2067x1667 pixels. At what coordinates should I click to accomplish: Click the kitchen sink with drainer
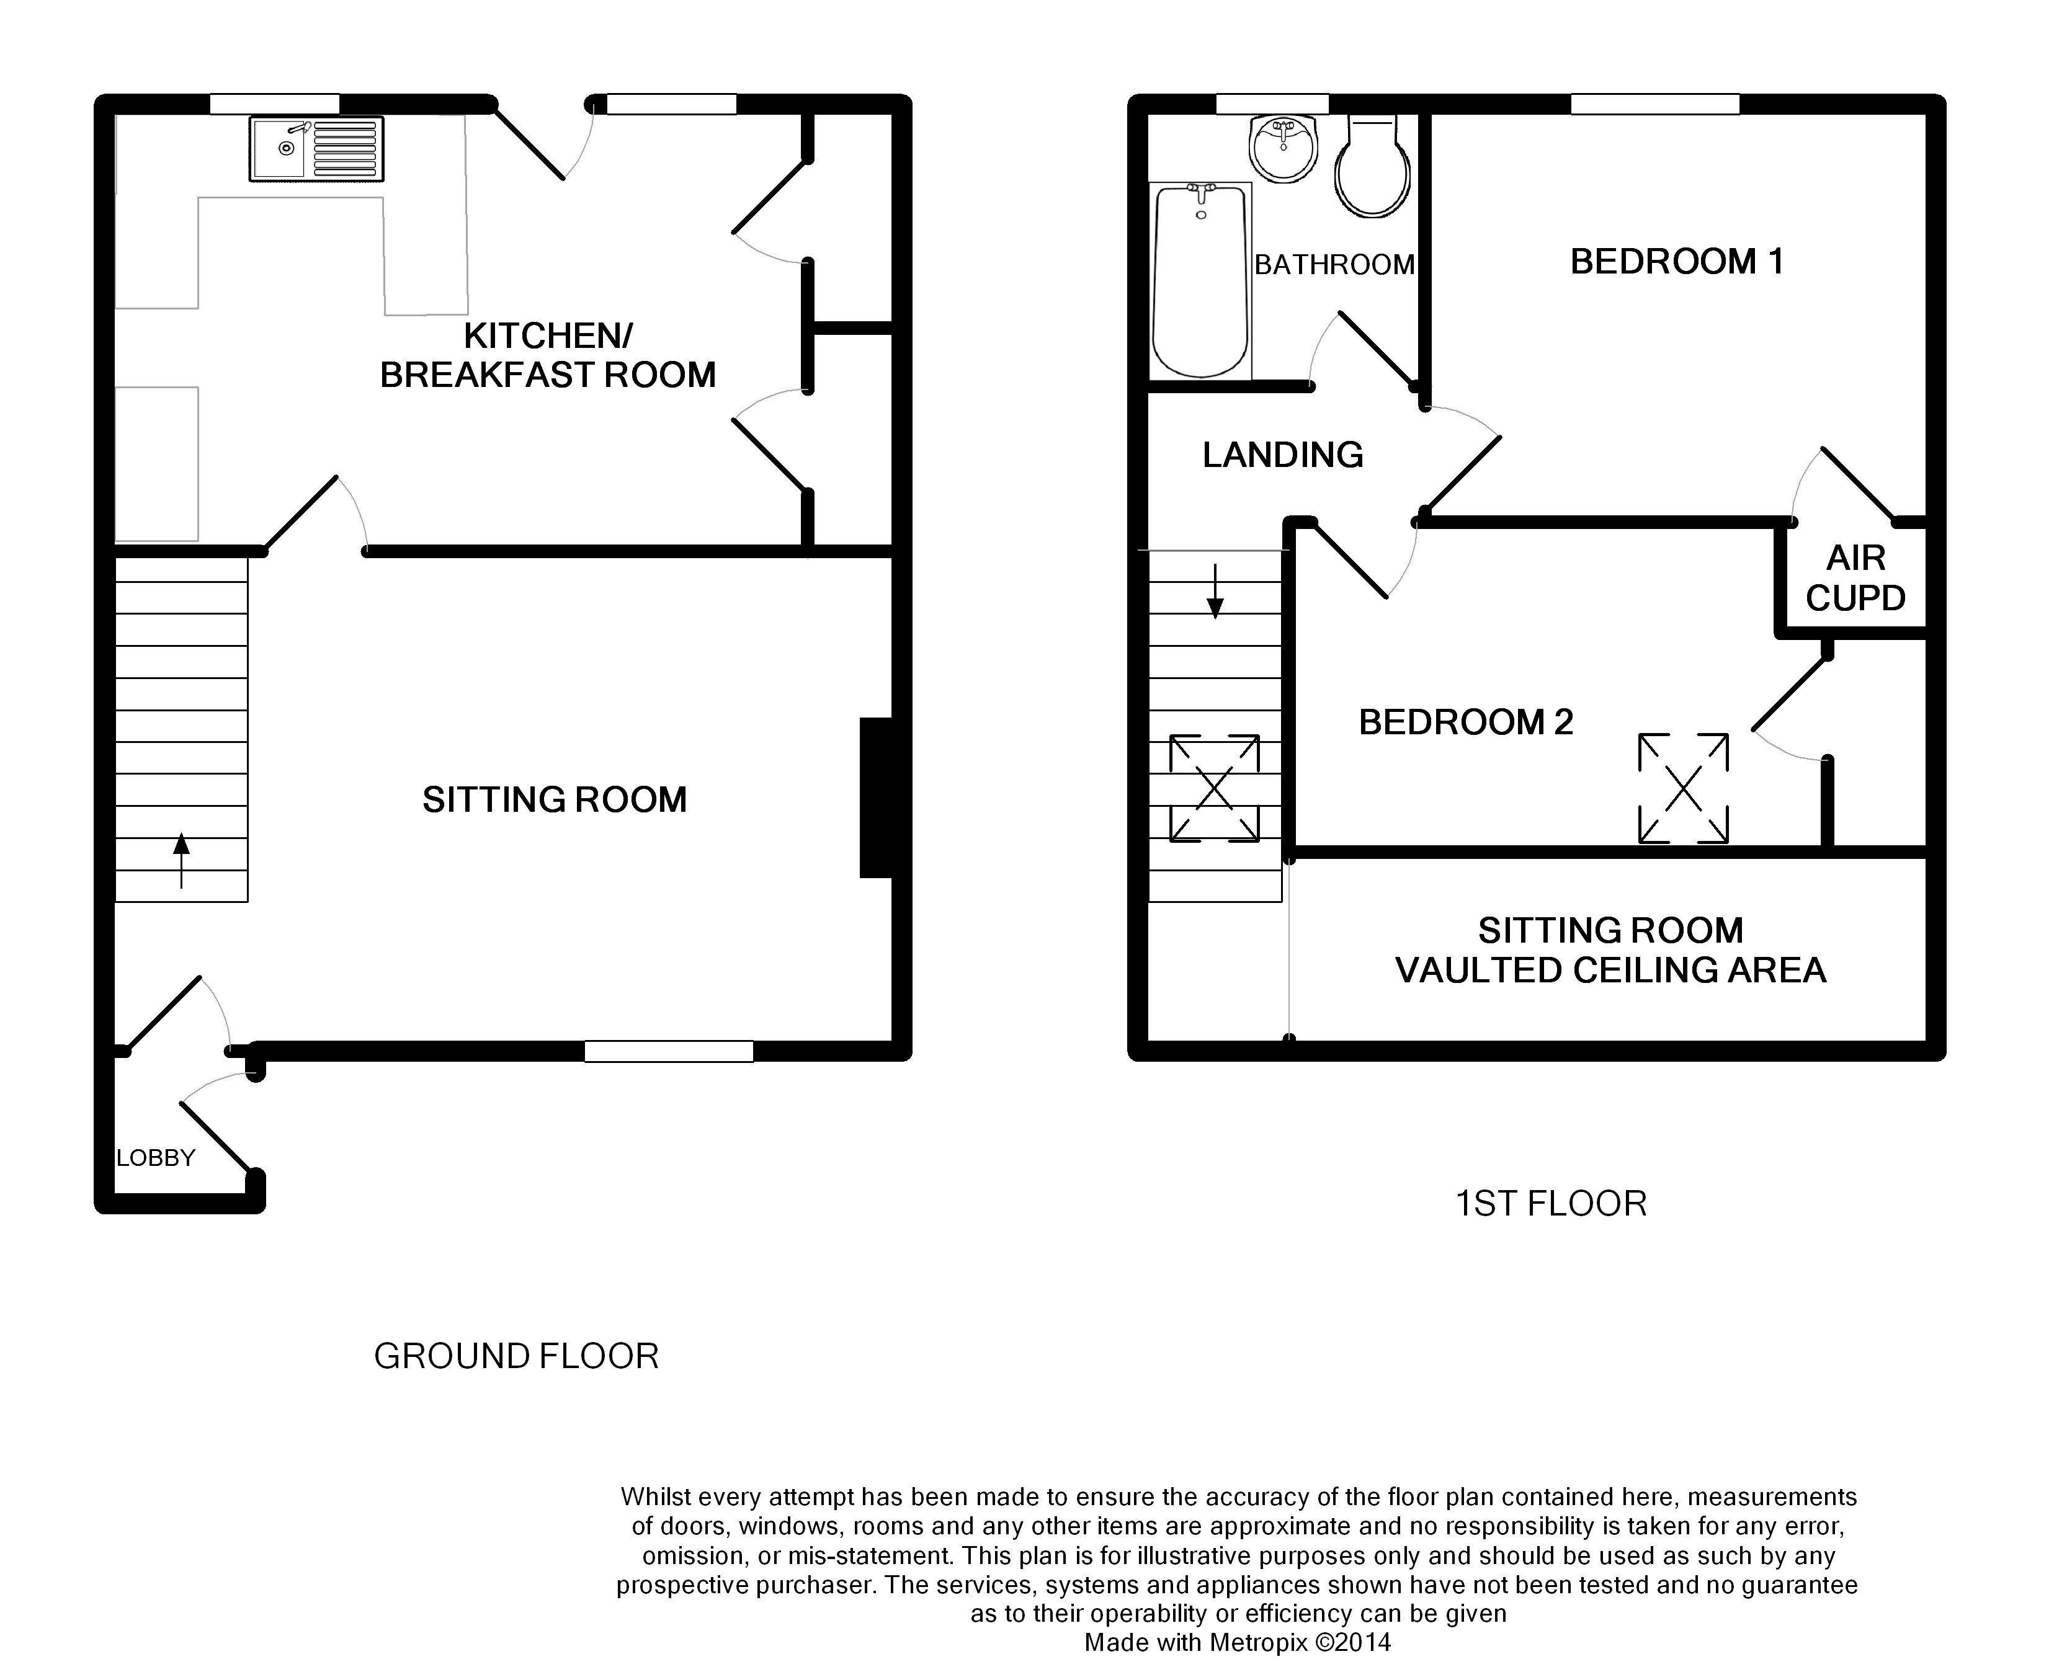coord(316,149)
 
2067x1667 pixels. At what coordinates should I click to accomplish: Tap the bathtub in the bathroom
coord(1200,280)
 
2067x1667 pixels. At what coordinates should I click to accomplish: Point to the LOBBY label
coord(156,1158)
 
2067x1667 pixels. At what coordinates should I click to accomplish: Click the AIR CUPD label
coord(1855,578)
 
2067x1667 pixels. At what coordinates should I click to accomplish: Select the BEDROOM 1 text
coord(1677,261)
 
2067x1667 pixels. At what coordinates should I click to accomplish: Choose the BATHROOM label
coord(1335,265)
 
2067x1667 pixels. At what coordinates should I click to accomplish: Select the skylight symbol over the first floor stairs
coord(1214,788)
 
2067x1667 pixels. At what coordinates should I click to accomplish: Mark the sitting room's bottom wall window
coord(669,1051)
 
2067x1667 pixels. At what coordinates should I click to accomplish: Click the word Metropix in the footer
coord(1258,1643)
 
